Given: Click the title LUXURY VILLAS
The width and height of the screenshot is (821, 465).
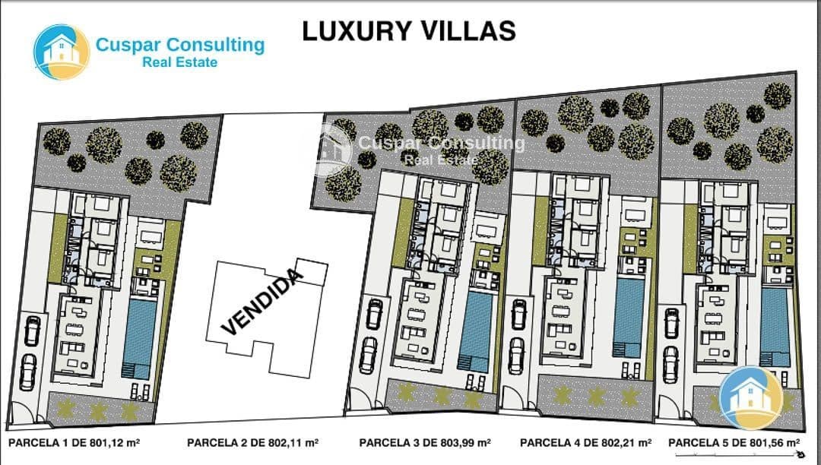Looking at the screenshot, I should tap(409, 30).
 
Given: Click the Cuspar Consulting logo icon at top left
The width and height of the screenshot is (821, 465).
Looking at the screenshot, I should tap(62, 52).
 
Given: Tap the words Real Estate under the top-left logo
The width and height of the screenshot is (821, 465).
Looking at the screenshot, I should tap(179, 62).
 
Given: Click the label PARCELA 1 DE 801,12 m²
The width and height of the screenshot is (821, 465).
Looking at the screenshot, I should tap(74, 442).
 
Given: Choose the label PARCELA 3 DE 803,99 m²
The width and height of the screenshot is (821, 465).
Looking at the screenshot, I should tap(425, 442).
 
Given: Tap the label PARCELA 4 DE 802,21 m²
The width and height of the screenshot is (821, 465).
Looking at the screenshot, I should tap(586, 442).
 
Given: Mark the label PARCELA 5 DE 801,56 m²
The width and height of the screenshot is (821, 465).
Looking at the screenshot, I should tap(734, 442).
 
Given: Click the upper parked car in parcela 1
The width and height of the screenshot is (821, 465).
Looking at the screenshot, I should tap(32, 331).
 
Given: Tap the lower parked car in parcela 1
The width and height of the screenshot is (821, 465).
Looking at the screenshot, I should tap(28, 371).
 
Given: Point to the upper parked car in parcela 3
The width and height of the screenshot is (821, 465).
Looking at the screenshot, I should tap(374, 314).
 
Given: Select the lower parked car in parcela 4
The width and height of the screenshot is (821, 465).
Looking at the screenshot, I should tap(517, 353).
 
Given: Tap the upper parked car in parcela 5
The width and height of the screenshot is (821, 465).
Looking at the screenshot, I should tap(672, 322).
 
